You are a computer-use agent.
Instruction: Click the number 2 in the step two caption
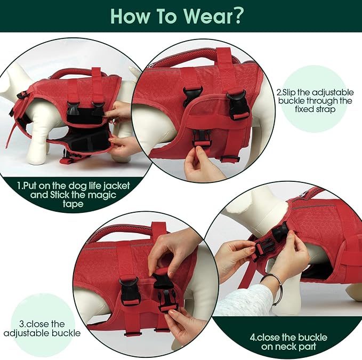(x=279, y=91)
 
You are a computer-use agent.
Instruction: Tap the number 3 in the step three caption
(x=21, y=324)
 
